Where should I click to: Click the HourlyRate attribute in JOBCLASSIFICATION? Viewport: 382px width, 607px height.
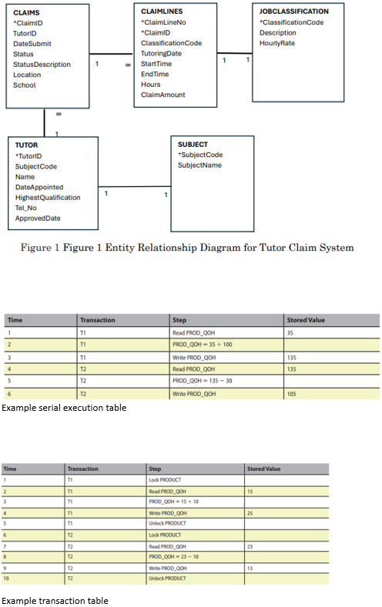tap(277, 43)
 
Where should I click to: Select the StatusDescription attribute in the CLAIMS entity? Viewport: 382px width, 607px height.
tap(42, 65)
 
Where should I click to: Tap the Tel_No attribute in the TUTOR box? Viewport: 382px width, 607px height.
tap(26, 208)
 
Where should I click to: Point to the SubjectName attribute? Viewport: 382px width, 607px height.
tap(199, 165)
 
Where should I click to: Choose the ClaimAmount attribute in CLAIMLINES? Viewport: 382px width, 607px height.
tap(163, 95)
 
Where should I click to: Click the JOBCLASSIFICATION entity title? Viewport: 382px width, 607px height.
tap(293, 12)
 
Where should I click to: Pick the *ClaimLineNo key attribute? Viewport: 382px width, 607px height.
tap(164, 22)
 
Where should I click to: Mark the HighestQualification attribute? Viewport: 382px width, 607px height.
tap(48, 198)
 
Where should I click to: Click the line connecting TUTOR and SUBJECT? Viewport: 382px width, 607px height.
tap(134, 187)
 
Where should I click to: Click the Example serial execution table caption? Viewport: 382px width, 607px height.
tap(64, 408)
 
